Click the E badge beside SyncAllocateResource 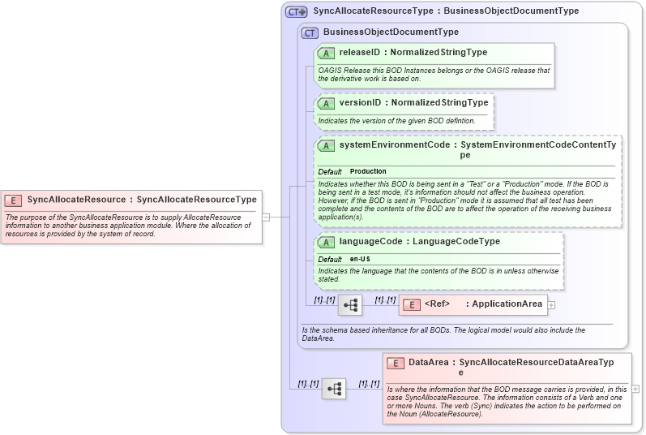[14, 199]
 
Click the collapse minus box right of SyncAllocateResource [265, 217]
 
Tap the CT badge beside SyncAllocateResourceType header [297, 12]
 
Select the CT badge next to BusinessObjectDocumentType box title [310, 32]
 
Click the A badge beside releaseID [327, 53]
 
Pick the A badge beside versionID [327, 103]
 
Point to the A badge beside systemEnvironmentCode [327, 145]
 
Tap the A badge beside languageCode [327, 242]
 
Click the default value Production [368, 172]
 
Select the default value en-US [361, 259]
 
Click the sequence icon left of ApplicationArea [350, 305]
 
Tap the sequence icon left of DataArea [333, 389]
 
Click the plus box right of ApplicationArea [551, 305]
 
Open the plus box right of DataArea [635, 389]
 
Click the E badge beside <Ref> [412, 305]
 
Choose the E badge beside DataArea [396, 363]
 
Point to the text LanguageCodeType [456, 242]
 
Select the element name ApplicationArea [507, 304]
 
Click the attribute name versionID [357, 103]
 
